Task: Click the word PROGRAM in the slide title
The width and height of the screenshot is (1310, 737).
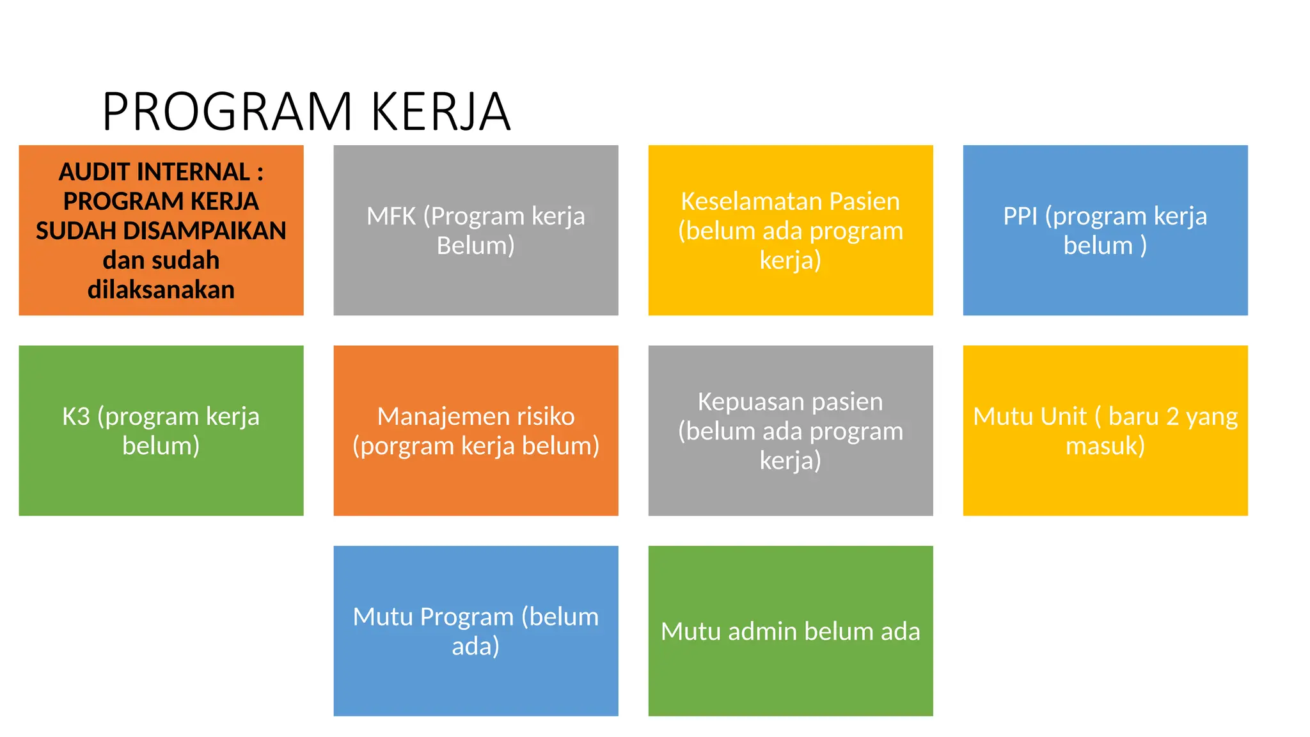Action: click(227, 112)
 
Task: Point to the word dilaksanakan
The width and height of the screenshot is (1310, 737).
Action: click(161, 290)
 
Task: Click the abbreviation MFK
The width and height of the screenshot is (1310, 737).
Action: click(391, 216)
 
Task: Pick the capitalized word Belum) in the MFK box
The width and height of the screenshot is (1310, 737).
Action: click(475, 246)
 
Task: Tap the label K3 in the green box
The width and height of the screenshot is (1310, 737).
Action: click(75, 416)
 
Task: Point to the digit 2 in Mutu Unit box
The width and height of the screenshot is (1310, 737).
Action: click(1172, 416)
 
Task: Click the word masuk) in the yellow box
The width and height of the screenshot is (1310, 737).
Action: click(1105, 446)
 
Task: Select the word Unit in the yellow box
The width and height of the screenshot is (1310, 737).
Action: click(1062, 416)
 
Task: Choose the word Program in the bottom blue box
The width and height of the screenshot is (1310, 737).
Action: click(467, 617)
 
